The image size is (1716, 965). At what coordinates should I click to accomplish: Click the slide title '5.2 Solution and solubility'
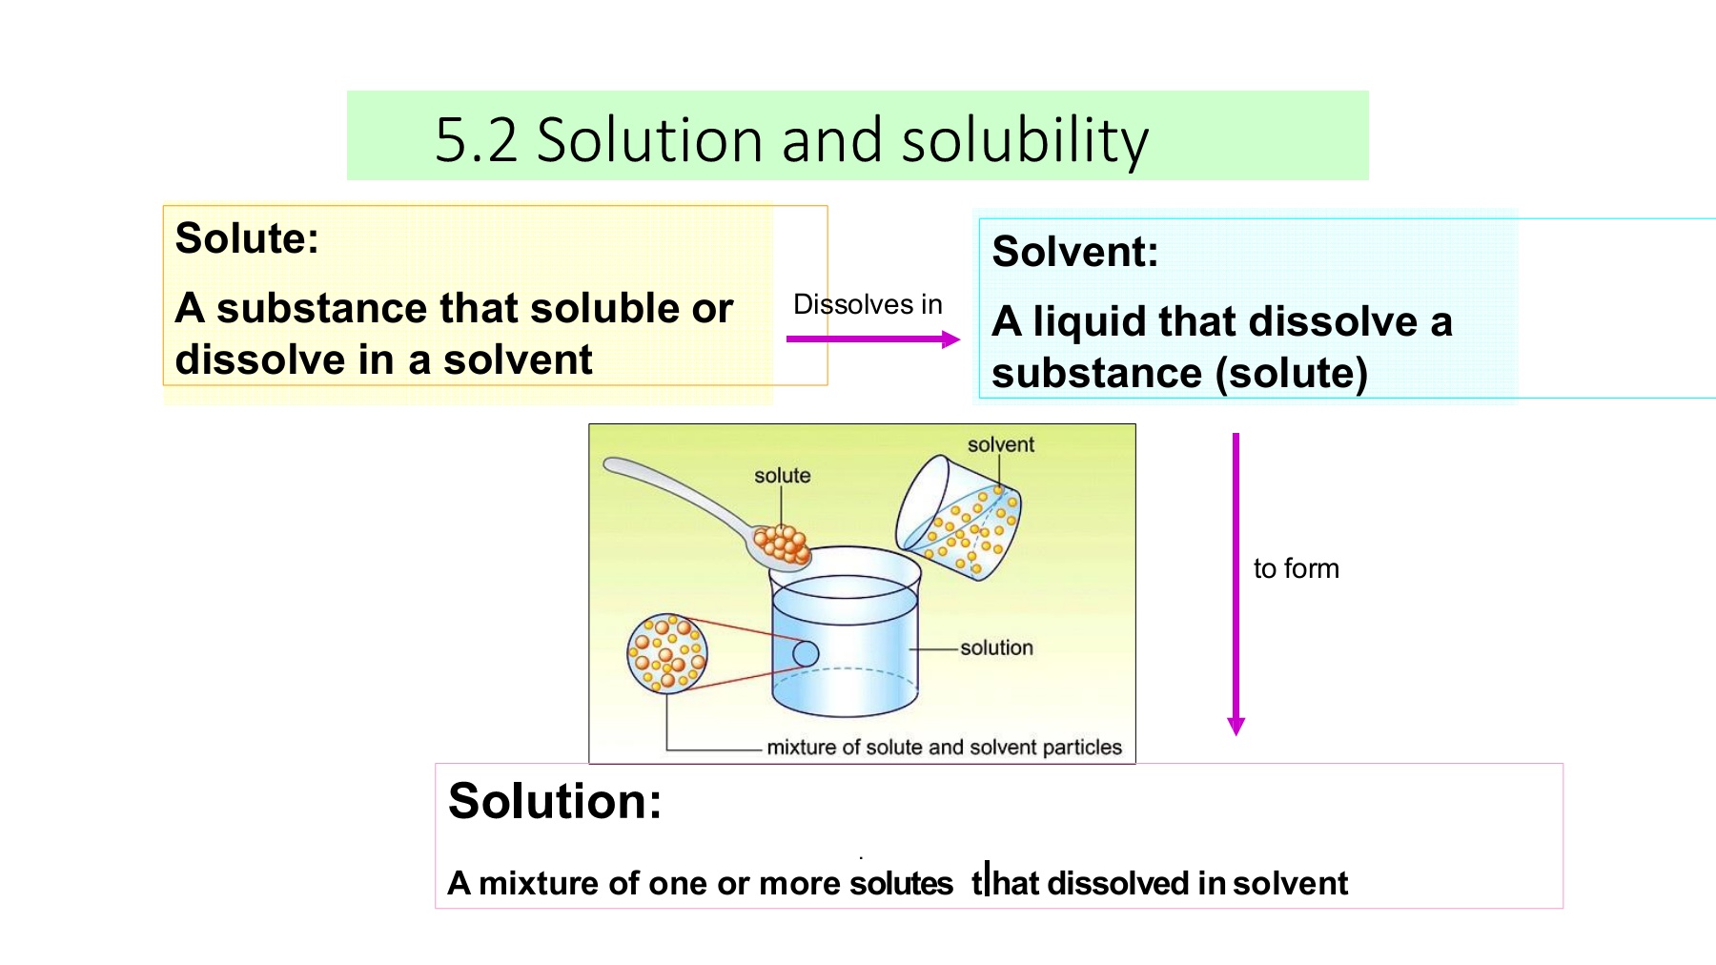pos(791,140)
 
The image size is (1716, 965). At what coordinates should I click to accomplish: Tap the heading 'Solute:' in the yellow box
pos(247,238)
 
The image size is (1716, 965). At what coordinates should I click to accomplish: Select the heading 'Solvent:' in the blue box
pos(1075,252)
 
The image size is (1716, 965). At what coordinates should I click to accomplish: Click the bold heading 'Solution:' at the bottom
pos(555,801)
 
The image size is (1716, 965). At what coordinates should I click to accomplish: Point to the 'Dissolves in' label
pos(868,304)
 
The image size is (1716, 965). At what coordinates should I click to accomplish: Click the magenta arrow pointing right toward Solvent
pos(873,339)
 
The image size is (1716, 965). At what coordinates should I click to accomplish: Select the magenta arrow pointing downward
pos(1236,584)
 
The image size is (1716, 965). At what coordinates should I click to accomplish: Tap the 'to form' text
pos(1297,568)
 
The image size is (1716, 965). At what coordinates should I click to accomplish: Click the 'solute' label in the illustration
pos(783,475)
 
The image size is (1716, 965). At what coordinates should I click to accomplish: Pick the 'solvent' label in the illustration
pos(1001,444)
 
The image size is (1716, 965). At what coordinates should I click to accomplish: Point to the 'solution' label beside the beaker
pos(996,647)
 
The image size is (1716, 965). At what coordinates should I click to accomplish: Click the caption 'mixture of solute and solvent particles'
pos(945,747)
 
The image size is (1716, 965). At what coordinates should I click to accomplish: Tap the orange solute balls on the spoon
pos(782,544)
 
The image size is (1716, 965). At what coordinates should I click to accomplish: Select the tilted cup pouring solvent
pos(958,517)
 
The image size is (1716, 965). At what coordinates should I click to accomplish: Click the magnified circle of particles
pos(667,653)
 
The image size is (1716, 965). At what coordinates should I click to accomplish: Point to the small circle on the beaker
pos(806,653)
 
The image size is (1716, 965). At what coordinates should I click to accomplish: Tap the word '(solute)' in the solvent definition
pos(1292,373)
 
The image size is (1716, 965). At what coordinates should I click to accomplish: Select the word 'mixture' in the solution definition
pos(539,883)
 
